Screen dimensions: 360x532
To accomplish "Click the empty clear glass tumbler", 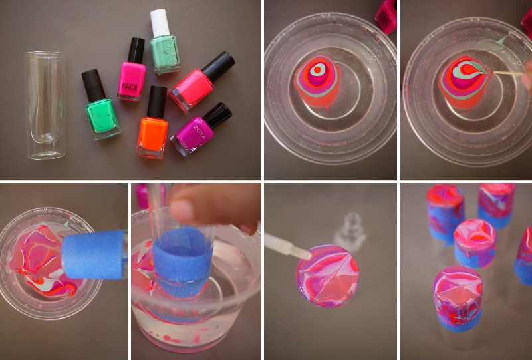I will point(45,105).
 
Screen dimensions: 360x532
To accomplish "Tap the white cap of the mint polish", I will point(159,23).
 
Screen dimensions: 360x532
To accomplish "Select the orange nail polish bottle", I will point(152,136).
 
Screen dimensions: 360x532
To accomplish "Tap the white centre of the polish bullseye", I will point(318,69).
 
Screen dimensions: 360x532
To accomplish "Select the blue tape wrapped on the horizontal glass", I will point(94,254).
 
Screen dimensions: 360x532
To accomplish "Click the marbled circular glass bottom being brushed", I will point(328,275).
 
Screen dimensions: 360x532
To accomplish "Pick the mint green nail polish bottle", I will point(164,53).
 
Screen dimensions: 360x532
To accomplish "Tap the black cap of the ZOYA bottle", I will point(217,114).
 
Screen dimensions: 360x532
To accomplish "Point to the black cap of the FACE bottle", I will point(136,49).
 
